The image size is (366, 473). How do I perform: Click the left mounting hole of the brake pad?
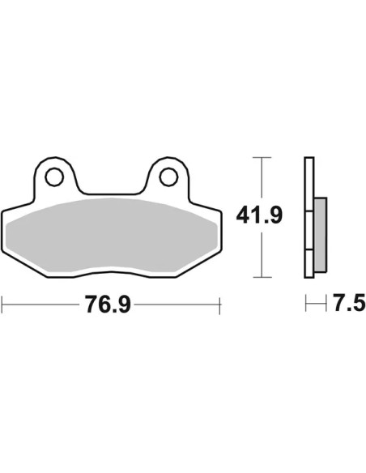tap(54, 177)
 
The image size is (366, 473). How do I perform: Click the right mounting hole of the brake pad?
tap(168, 177)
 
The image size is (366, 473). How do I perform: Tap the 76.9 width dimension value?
tap(108, 305)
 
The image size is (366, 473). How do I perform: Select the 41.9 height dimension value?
tap(259, 215)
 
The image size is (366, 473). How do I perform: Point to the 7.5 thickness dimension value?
tap(349, 303)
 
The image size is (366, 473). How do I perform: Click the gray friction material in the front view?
tap(112, 236)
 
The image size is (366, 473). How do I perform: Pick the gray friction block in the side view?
tap(320, 235)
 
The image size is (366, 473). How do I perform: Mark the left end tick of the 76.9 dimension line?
tap(2, 305)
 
